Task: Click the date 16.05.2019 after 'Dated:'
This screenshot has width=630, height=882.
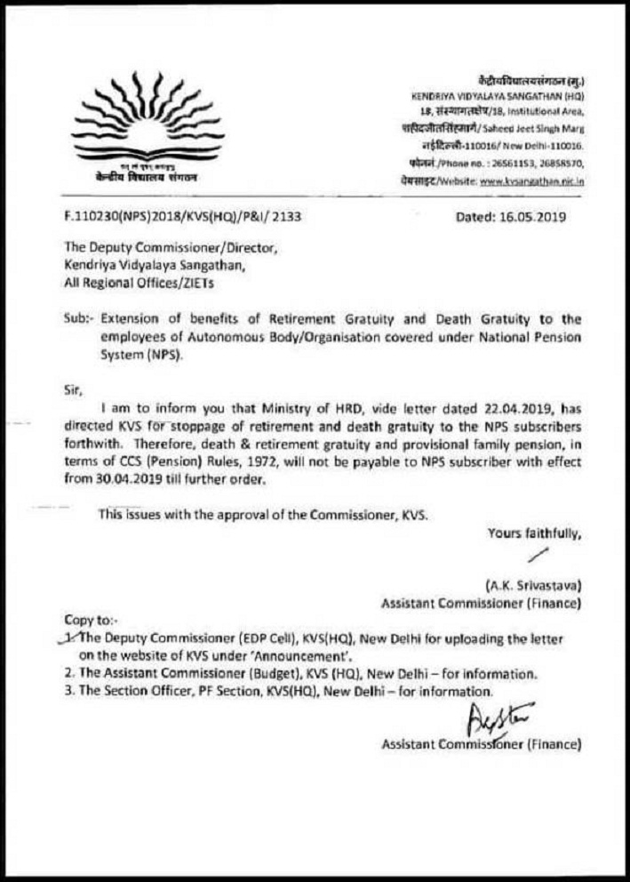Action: click(x=530, y=216)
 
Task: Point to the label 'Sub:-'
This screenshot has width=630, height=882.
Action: click(x=77, y=318)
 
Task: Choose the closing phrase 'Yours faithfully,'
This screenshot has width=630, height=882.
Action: click(x=534, y=533)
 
